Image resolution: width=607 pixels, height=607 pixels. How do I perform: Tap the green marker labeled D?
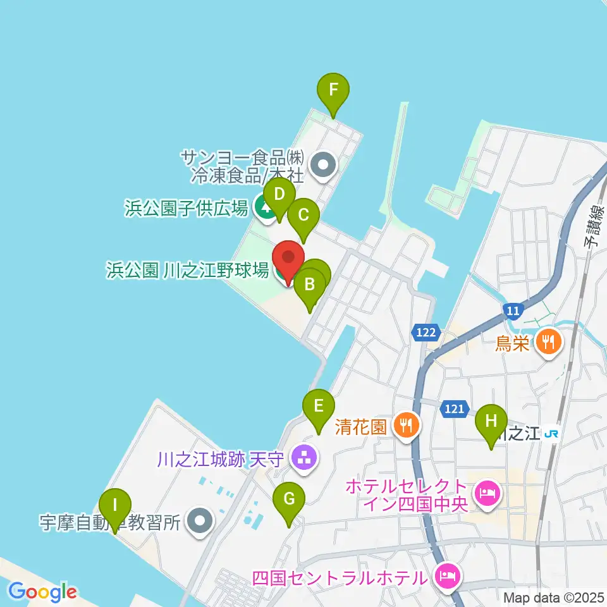coord(279,194)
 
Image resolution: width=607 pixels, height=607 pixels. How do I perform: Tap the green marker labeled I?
coord(115,506)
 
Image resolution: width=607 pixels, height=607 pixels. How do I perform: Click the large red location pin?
coord(288,257)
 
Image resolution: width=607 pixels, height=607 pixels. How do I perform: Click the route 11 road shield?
coord(513,310)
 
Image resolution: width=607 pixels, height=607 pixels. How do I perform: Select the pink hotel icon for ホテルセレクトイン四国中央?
coord(486,490)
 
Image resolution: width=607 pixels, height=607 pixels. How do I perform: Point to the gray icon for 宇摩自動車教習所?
coord(201,522)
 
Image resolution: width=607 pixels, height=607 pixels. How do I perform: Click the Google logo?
coord(42,592)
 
